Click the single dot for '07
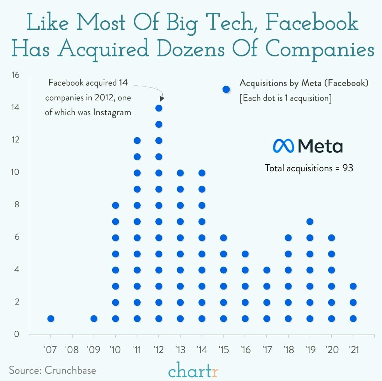tap(51, 319)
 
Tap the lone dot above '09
tap(94, 319)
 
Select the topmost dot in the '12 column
tap(159, 108)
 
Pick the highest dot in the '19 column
tap(310, 221)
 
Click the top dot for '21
tap(353, 286)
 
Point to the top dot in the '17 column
tap(267, 270)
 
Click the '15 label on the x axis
tap(224, 350)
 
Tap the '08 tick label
tap(72, 350)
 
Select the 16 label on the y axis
tap(15, 75)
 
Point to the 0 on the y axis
tap(17, 334)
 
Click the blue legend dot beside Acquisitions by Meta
tap(226, 90)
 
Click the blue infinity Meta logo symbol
tap(283, 146)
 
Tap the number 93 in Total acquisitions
tap(348, 168)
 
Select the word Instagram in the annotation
tap(112, 112)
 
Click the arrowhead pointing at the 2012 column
tap(162, 99)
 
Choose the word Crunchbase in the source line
tap(70, 370)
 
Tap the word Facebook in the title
tap(312, 22)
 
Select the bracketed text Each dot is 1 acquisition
tap(285, 98)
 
